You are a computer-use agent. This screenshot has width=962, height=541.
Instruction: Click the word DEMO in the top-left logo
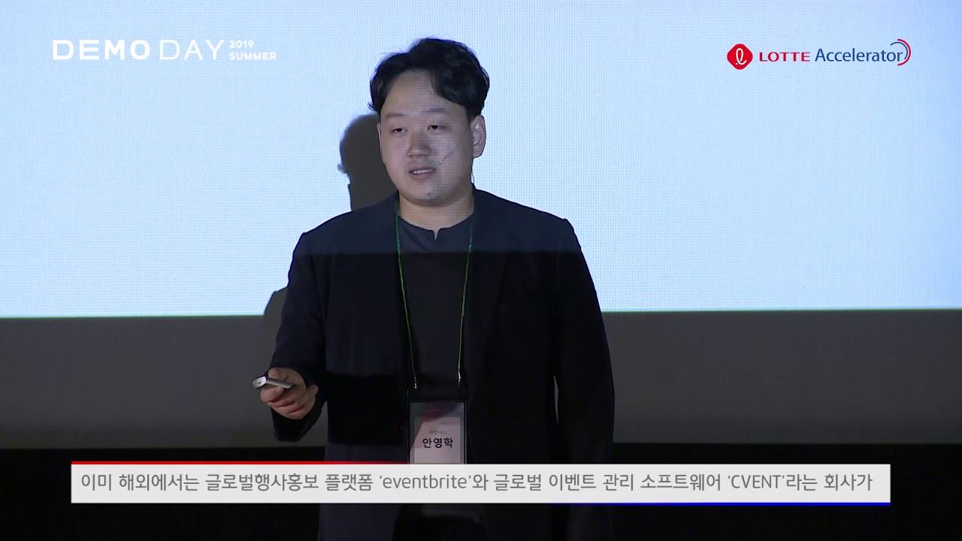click(101, 50)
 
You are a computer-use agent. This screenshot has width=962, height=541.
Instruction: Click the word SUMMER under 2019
click(253, 56)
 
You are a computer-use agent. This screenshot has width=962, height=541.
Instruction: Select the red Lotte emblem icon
click(740, 56)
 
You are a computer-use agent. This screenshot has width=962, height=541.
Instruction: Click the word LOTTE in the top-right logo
click(784, 56)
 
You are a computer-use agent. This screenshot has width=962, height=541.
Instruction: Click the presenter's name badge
click(437, 429)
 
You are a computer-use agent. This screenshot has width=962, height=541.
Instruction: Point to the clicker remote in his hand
click(272, 382)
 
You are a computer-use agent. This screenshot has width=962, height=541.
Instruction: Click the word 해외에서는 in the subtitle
click(156, 482)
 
